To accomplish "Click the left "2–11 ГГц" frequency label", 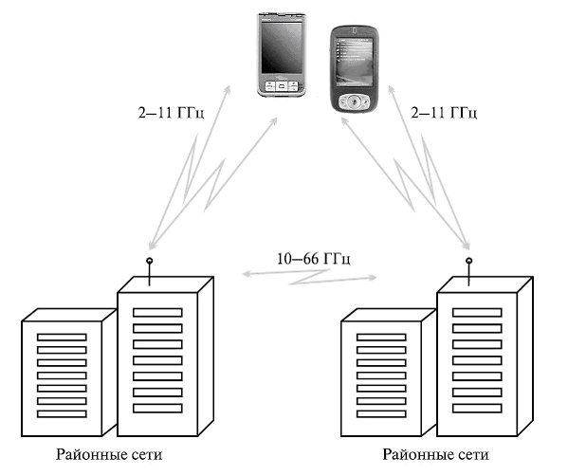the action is [171, 113].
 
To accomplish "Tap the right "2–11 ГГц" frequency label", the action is [444, 113].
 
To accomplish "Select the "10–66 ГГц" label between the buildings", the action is [314, 259].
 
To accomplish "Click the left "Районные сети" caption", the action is [109, 454].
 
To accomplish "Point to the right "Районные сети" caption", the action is [436, 454].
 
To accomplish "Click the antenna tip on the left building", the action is [149, 261].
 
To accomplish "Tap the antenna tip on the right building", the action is [468, 261].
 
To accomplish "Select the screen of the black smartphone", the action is [355, 62].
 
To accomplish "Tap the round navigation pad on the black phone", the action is [354, 101].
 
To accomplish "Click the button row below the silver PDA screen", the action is [282, 86].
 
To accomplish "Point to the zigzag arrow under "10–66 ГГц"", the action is [309, 277].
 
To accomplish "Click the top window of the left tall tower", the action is [157, 312].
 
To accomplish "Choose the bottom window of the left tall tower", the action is [157, 408].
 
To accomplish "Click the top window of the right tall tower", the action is [477, 312].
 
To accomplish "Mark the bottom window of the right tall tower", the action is [477, 408].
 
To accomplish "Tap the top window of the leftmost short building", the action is [62, 338].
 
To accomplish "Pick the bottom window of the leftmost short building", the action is [62, 413].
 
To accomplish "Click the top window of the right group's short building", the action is [381, 338].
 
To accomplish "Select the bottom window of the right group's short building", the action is [381, 413].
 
